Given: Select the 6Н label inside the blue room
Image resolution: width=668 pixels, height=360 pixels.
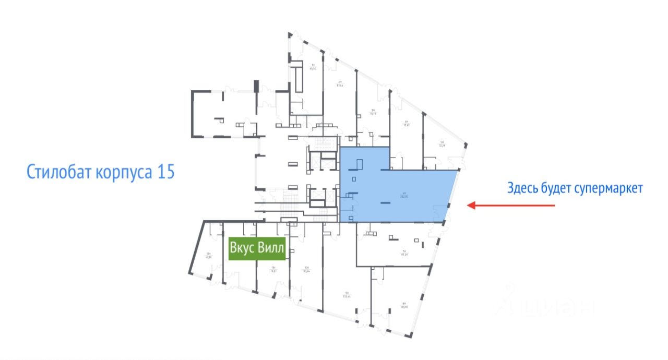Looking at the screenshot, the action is click(389, 195).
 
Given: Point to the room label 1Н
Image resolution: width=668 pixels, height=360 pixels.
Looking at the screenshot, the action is click(313, 66).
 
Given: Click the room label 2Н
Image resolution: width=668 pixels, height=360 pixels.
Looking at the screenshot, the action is click(340, 83).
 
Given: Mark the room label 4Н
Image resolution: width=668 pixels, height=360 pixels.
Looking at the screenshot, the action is click(406, 124).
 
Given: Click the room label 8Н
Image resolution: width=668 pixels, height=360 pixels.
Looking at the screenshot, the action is click(403, 305).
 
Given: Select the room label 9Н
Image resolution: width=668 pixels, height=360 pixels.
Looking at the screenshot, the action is click(345, 294).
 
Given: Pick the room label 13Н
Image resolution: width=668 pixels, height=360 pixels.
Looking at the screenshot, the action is click(209, 255).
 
